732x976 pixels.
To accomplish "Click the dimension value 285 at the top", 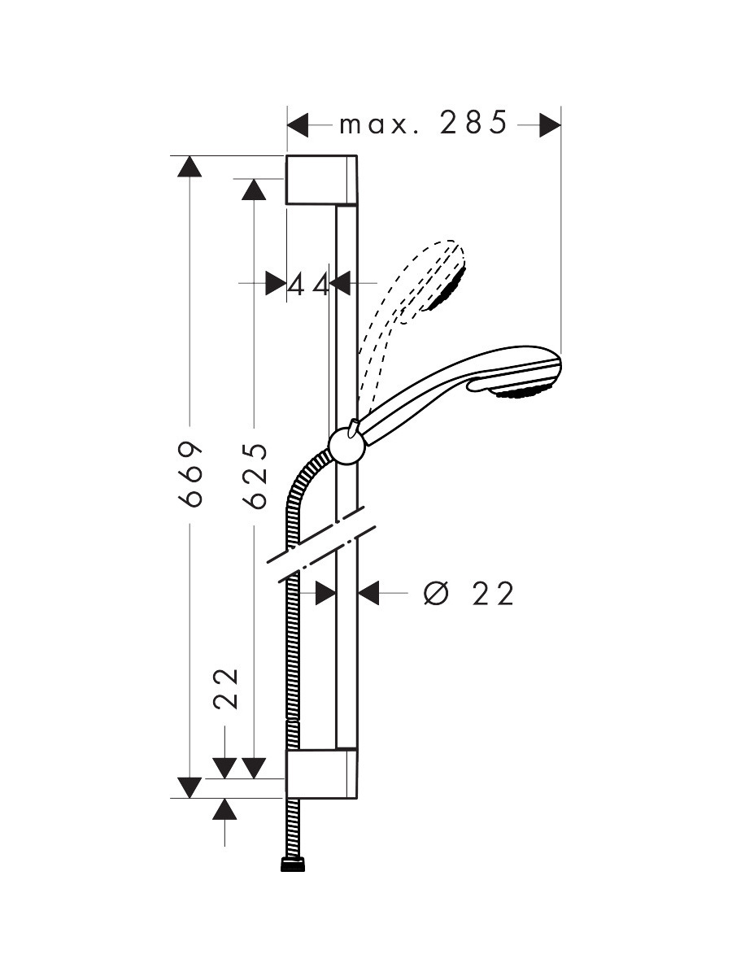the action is pyautogui.click(x=473, y=123).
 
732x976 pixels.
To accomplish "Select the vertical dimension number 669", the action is pyautogui.click(x=190, y=474).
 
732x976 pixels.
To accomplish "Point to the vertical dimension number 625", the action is pyautogui.click(x=255, y=476).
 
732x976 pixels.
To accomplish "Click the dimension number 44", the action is pyautogui.click(x=308, y=284).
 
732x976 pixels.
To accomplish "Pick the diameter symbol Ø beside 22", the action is pyautogui.click(x=437, y=593).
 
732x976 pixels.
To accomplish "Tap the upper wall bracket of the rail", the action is pyautogui.click(x=321, y=180).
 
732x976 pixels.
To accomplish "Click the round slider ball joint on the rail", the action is pyautogui.click(x=347, y=447).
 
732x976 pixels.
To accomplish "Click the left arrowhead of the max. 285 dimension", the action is pyautogui.click(x=298, y=125).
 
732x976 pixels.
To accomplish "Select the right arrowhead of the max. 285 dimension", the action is pyautogui.click(x=551, y=125).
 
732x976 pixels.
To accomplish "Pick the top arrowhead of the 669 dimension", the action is pyautogui.click(x=190, y=167).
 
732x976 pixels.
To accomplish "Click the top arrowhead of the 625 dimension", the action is pyautogui.click(x=254, y=190).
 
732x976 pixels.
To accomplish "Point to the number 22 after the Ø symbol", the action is pyautogui.click(x=493, y=593).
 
